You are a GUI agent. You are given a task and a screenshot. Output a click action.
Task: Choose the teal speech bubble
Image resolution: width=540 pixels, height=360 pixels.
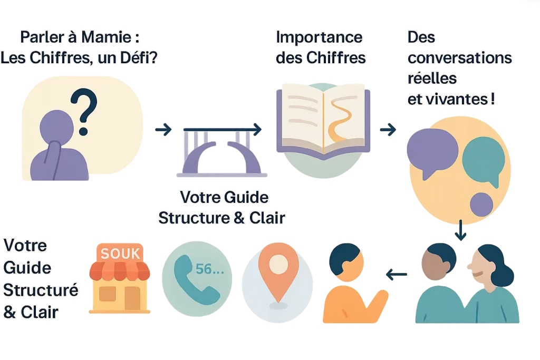pos(483,159)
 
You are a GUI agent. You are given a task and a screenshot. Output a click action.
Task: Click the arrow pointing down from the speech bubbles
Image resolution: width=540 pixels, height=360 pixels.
pos(461,230)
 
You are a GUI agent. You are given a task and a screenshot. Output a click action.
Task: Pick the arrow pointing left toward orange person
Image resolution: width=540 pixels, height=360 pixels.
pos(397,274)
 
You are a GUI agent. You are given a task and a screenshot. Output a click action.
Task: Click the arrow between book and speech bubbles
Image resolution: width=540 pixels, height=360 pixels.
pos(388,130)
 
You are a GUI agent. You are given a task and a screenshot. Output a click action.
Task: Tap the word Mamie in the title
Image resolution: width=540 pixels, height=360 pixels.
pos(110,37)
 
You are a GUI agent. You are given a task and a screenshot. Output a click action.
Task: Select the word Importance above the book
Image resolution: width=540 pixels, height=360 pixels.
pos(319,37)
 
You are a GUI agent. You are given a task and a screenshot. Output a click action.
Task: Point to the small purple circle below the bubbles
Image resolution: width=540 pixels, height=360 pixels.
pos(481,205)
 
